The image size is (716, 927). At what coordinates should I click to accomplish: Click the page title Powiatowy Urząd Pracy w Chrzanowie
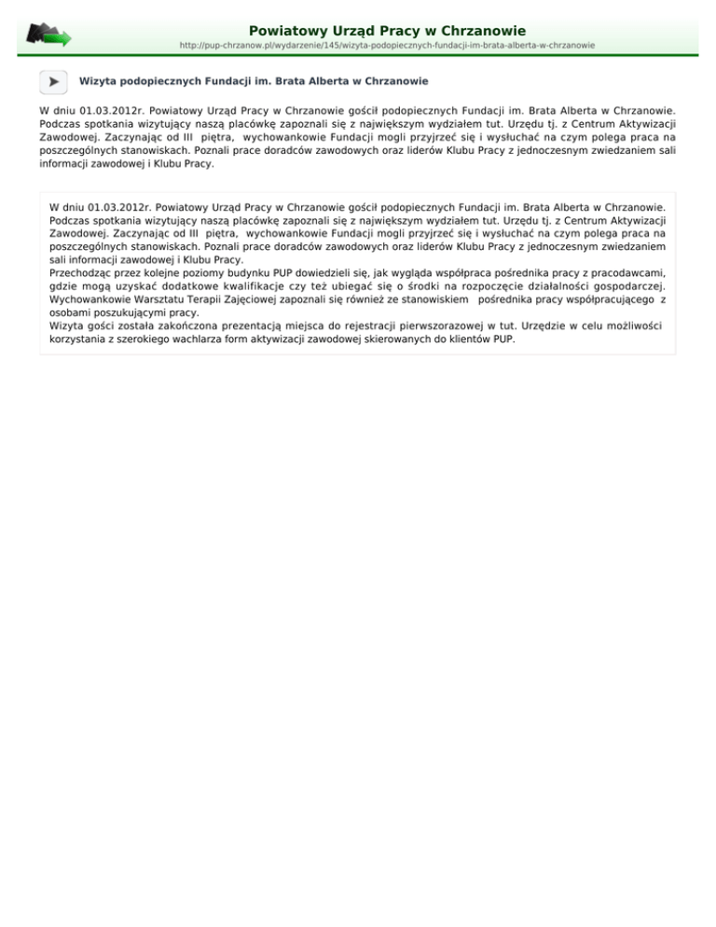[387, 31]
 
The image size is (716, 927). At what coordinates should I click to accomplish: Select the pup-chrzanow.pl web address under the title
[388, 45]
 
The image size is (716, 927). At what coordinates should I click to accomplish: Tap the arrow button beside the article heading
[54, 82]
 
